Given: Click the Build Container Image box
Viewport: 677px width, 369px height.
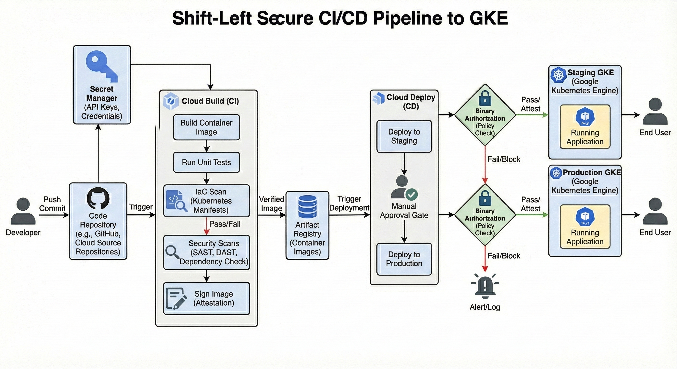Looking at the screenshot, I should point(206,127).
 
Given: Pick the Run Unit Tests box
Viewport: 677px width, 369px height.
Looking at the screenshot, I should point(206,162).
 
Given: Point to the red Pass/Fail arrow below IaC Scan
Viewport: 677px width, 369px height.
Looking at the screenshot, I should point(207,226).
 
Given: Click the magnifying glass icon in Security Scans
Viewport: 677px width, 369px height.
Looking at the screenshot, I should point(172,252).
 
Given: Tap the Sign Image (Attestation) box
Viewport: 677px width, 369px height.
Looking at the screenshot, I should point(206,298).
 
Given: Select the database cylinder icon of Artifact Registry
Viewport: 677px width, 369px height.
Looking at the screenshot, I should point(307,207).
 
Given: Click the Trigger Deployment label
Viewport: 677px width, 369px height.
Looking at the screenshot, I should point(349,203).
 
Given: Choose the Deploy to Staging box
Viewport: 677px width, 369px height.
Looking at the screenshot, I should point(404,136).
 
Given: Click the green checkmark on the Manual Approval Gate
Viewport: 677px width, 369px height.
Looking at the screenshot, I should point(411,195).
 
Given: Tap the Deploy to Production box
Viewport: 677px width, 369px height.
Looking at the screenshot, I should point(404,259).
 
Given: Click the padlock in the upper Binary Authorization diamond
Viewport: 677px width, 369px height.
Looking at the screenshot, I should point(485,98).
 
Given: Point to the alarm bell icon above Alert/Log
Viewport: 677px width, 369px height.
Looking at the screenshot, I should point(485,286).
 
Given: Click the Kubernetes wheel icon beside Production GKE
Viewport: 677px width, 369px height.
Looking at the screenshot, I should point(556,173).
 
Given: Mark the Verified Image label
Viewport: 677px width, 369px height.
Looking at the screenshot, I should point(271,204).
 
